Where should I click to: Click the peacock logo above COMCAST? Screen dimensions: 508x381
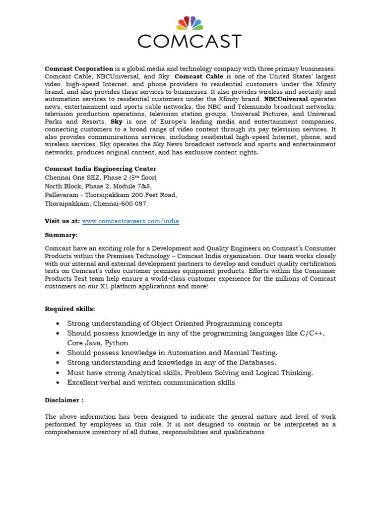(190, 23)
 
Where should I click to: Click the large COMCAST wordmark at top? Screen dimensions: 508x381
(190, 41)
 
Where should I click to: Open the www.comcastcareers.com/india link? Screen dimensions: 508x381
(130, 221)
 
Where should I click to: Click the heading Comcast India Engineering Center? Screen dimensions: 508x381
(101, 169)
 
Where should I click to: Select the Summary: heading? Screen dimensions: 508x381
(61, 235)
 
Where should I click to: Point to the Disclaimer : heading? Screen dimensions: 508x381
(64, 400)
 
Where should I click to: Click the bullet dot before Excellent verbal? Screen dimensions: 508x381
(58, 383)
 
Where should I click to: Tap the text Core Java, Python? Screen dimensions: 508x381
(98, 343)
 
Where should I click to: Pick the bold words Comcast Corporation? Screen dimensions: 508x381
(79, 68)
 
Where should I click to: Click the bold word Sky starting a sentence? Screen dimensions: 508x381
(117, 122)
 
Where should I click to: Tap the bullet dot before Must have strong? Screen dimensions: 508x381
(58, 373)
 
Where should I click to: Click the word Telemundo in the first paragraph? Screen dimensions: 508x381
(252, 107)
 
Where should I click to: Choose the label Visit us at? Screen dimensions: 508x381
(62, 221)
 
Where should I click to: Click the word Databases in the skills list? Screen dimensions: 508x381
(253, 363)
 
